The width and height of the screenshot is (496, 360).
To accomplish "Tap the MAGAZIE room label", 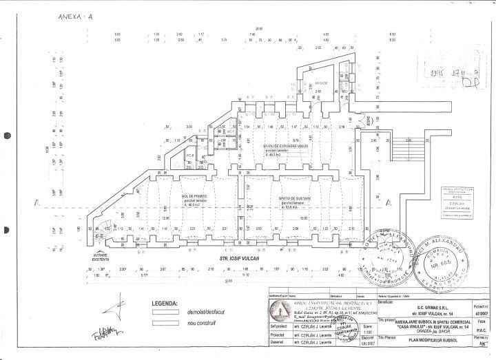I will [x=322, y=83].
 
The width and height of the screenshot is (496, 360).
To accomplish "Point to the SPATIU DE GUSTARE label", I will [x=293, y=198].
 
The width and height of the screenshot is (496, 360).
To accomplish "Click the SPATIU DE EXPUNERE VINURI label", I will [x=285, y=146].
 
